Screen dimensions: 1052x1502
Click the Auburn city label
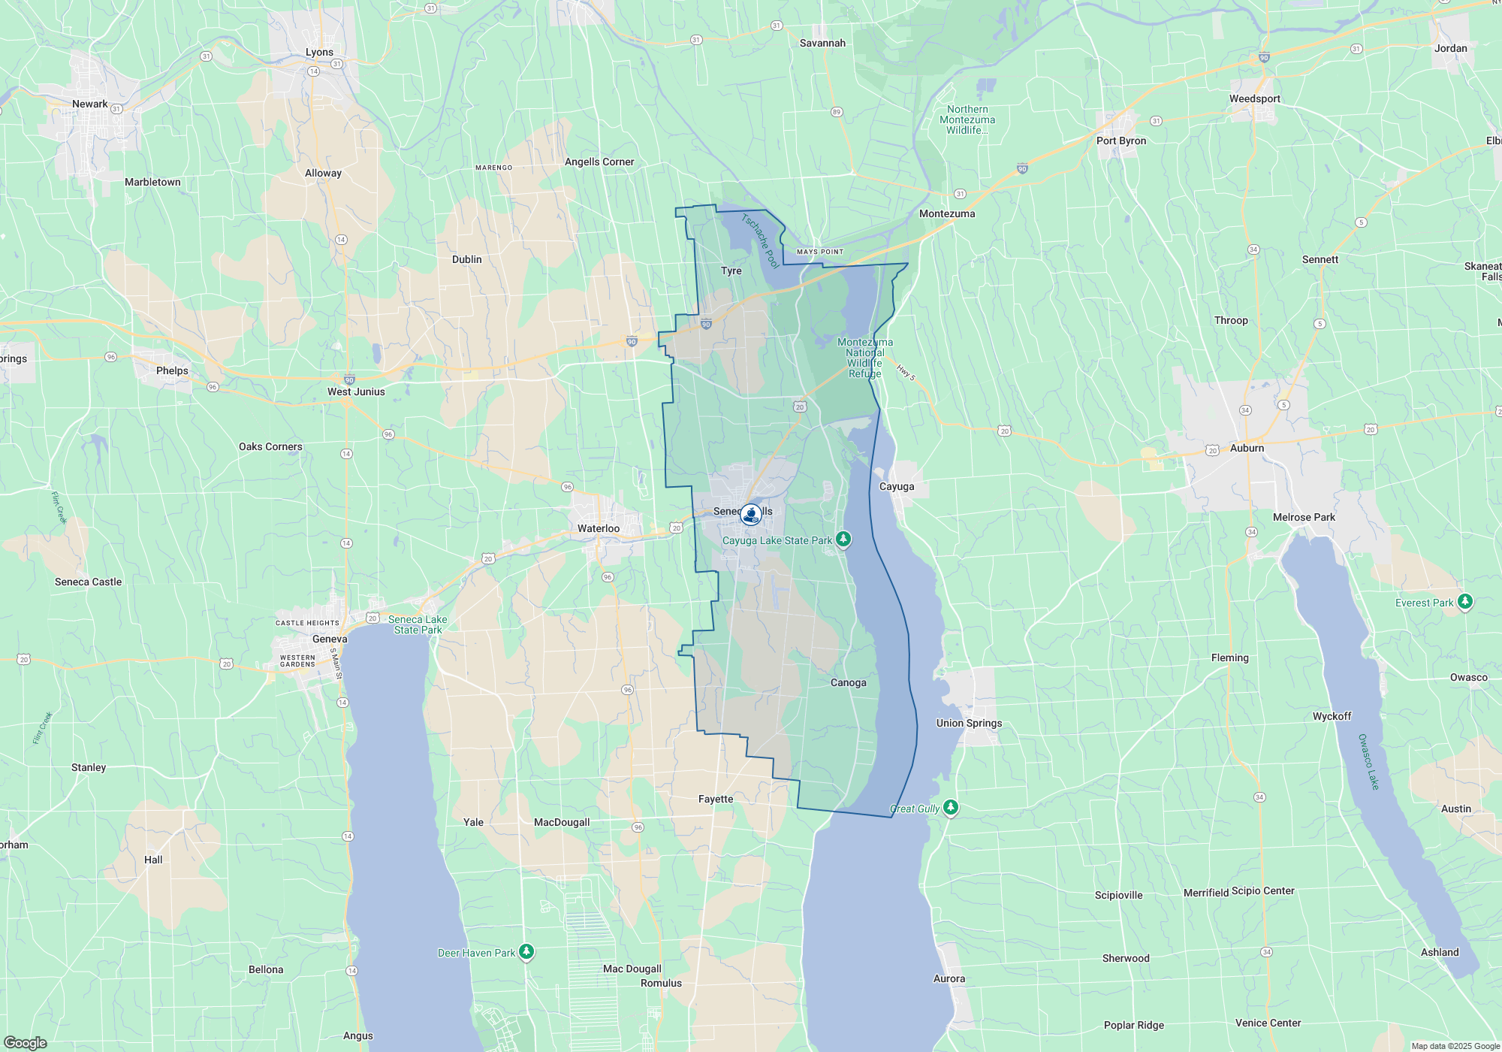(x=1247, y=448)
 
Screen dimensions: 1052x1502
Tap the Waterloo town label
(x=599, y=528)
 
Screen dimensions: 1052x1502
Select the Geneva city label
(x=330, y=639)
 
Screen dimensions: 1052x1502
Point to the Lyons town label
(x=319, y=52)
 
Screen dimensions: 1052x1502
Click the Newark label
(x=90, y=104)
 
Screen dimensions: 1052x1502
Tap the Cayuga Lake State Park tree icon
(x=843, y=539)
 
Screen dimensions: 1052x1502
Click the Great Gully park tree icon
(x=951, y=807)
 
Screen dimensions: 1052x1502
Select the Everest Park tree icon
(x=1464, y=601)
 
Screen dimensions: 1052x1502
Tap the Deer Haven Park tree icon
(x=526, y=952)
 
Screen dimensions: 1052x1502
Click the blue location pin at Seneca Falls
(x=750, y=515)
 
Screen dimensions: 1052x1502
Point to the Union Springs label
(x=969, y=723)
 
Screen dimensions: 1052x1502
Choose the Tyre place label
(x=731, y=271)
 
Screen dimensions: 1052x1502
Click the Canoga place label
(x=848, y=682)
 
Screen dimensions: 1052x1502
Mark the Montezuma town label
(x=947, y=213)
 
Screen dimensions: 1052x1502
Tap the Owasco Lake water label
(x=1368, y=762)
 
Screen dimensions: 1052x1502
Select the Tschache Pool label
(x=760, y=240)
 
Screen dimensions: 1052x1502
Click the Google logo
(x=26, y=1042)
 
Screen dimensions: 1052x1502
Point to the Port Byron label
(x=1120, y=141)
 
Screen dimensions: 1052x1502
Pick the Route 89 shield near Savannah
(x=837, y=112)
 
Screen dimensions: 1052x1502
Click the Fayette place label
(x=715, y=799)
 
